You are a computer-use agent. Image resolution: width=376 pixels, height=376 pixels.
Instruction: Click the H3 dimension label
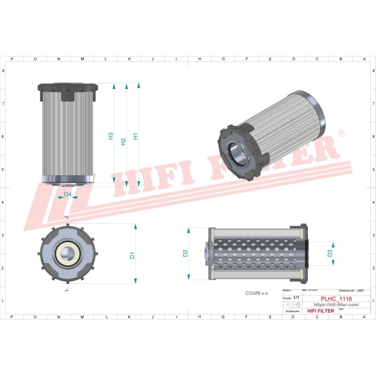point(111,136)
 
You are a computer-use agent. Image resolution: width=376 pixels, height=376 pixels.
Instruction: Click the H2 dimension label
point(123,141)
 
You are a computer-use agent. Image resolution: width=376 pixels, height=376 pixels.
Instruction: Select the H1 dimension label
point(135,136)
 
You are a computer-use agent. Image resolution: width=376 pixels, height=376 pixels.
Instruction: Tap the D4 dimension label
point(68,194)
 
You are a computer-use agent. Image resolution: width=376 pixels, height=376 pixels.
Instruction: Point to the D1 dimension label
point(133,255)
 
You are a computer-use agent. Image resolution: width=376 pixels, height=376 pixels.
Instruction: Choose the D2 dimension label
point(186,253)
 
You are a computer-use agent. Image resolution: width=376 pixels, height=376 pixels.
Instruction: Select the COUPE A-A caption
point(256,293)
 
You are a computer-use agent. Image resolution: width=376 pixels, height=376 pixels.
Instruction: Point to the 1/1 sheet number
point(296,298)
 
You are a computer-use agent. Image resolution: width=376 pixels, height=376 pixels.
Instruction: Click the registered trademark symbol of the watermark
point(342,134)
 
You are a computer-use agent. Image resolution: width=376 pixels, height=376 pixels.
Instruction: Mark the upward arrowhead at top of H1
point(139,86)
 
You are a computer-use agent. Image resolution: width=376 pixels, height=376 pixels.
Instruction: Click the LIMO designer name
point(360,291)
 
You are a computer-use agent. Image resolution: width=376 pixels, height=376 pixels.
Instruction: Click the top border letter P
point(11,59)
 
